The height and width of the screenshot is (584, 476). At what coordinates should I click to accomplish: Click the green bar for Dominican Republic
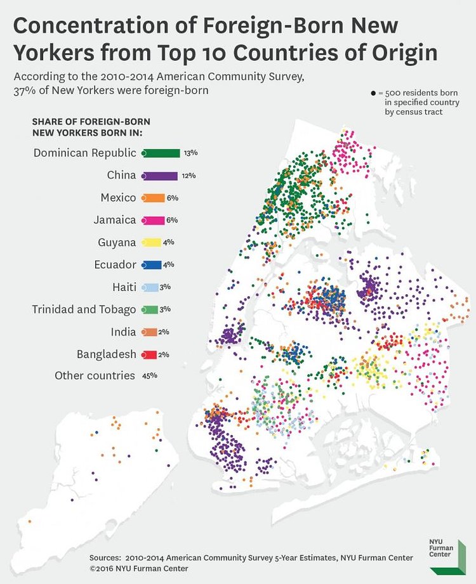point(161,153)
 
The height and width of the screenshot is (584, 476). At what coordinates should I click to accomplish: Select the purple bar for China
point(159,176)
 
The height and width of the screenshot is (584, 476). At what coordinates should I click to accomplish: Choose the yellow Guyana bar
point(150,242)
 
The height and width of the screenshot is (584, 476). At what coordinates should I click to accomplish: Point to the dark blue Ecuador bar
point(150,264)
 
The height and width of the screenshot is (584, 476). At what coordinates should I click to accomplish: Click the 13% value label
point(190,153)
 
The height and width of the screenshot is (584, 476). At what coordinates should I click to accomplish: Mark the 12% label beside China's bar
point(188,176)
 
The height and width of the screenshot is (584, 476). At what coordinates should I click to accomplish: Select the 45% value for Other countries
point(150,375)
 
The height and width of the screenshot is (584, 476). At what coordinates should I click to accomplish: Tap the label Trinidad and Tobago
point(84,309)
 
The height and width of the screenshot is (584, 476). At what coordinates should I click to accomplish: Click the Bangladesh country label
point(103,354)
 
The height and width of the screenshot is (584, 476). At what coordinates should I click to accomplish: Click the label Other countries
point(95,375)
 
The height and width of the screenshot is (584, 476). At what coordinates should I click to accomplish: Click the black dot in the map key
point(373,93)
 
